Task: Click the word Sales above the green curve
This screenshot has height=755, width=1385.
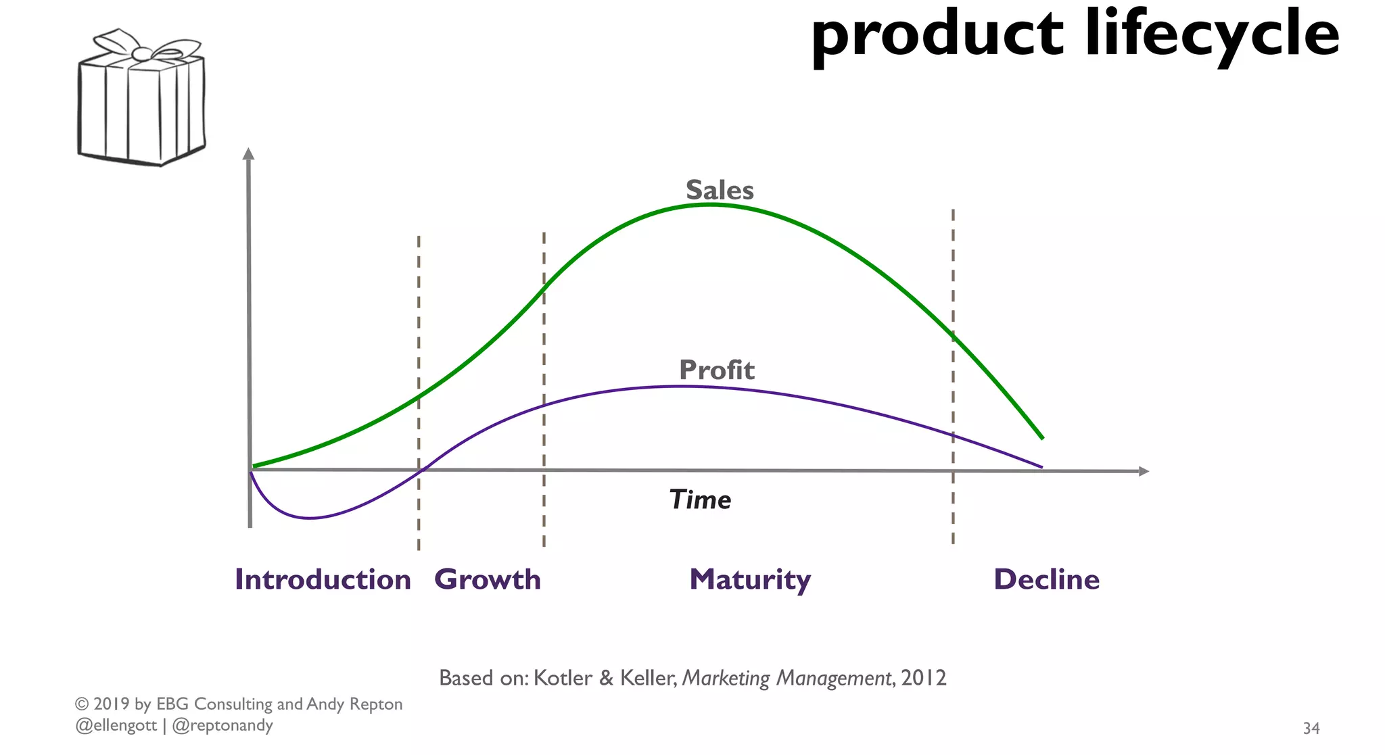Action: click(x=720, y=190)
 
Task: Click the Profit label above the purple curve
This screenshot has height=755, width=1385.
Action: click(x=716, y=370)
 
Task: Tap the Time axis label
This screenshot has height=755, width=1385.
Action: click(x=700, y=500)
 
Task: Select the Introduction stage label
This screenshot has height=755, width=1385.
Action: click(x=323, y=579)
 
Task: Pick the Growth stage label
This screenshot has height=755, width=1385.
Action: click(x=488, y=579)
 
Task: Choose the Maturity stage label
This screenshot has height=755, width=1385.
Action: click(x=750, y=579)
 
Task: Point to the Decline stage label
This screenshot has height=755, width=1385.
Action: click(x=1046, y=579)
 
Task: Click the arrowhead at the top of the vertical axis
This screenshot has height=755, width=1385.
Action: click(x=249, y=153)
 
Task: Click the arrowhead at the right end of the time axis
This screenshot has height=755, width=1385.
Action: click(x=1144, y=471)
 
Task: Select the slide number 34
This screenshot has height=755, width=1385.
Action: click(x=1311, y=728)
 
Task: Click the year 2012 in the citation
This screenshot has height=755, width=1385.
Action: click(x=924, y=677)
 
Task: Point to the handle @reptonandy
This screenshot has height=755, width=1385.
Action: click(x=222, y=725)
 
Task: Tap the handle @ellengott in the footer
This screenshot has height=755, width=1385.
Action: click(x=116, y=725)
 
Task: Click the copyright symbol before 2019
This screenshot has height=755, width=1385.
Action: click(x=82, y=704)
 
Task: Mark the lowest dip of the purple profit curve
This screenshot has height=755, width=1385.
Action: click(x=310, y=518)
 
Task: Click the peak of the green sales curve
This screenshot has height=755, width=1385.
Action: click(x=709, y=203)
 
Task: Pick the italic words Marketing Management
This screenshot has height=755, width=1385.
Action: click(x=787, y=677)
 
